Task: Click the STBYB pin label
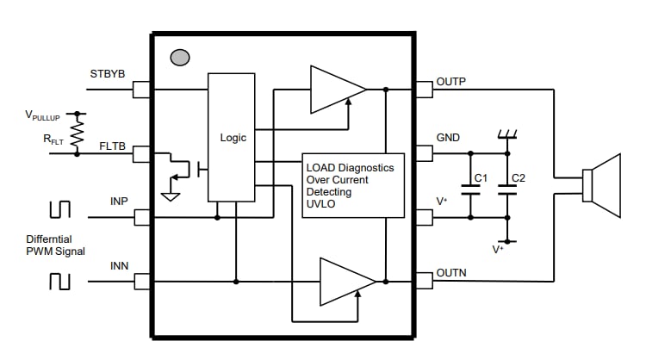pos(108,74)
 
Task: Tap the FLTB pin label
pos(113,146)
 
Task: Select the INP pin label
pos(119,202)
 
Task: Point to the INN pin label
pos(119,265)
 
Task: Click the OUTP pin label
pos(451,82)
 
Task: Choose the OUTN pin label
pos(451,273)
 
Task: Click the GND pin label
pos(448,138)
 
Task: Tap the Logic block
pos(232,137)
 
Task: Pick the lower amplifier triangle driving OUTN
pos(344,281)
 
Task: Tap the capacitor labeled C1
pos(470,194)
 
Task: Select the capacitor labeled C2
pos(507,194)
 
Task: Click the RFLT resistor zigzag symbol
pos(78,134)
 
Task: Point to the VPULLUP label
pos(43,115)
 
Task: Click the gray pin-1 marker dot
pos(180,58)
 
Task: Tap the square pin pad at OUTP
pos(424,89)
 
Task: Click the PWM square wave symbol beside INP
pos(59,210)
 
